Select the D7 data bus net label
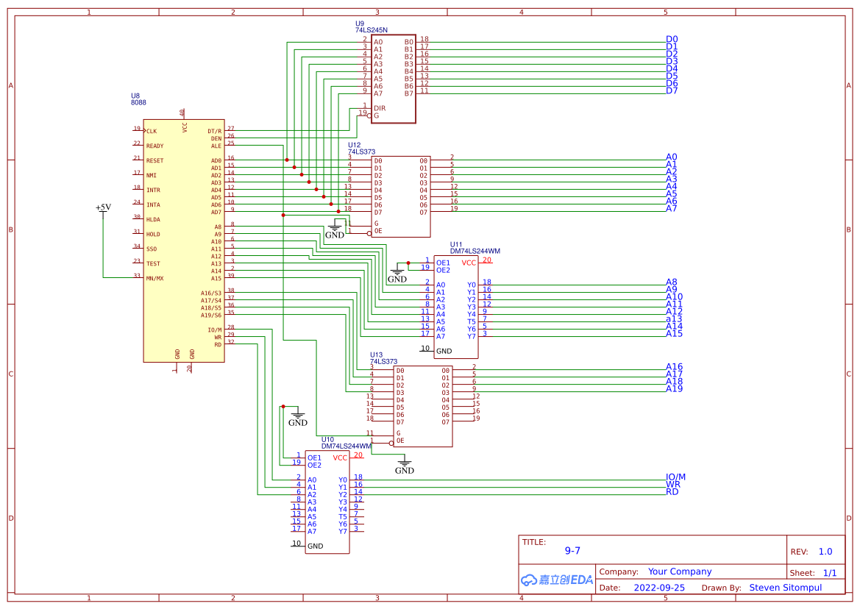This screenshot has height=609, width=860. tap(672, 90)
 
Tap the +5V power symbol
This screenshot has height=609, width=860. tap(103, 207)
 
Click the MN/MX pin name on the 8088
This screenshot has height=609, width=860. tap(154, 279)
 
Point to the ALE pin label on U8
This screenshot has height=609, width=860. tap(216, 146)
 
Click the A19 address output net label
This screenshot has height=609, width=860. tap(674, 388)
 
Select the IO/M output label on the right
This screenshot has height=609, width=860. tap(675, 477)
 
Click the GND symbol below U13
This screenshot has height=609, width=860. tap(405, 468)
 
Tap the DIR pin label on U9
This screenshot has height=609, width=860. tap(380, 108)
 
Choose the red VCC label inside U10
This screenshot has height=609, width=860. tap(340, 457)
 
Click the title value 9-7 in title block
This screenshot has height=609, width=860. tap(572, 550)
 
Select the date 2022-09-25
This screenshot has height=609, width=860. tap(659, 588)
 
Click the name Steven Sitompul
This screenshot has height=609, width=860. tap(786, 588)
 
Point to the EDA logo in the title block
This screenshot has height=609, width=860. tap(557, 580)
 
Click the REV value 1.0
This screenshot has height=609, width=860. tap(825, 552)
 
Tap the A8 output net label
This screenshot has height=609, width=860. tap(671, 282)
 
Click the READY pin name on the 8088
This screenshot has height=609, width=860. tap(154, 146)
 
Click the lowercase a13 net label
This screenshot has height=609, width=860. tap(674, 318)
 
